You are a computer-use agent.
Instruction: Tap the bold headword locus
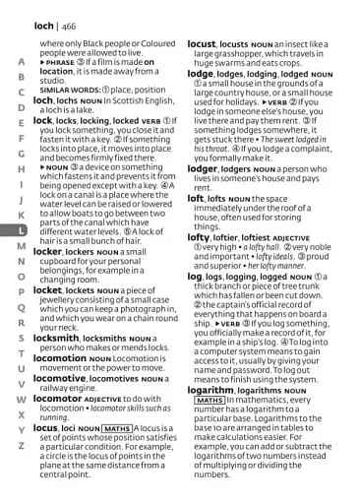[49, 428]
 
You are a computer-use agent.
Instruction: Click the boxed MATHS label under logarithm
[210, 400]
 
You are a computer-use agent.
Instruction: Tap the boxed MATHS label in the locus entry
[116, 429]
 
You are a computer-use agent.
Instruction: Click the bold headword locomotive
[68, 378]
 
